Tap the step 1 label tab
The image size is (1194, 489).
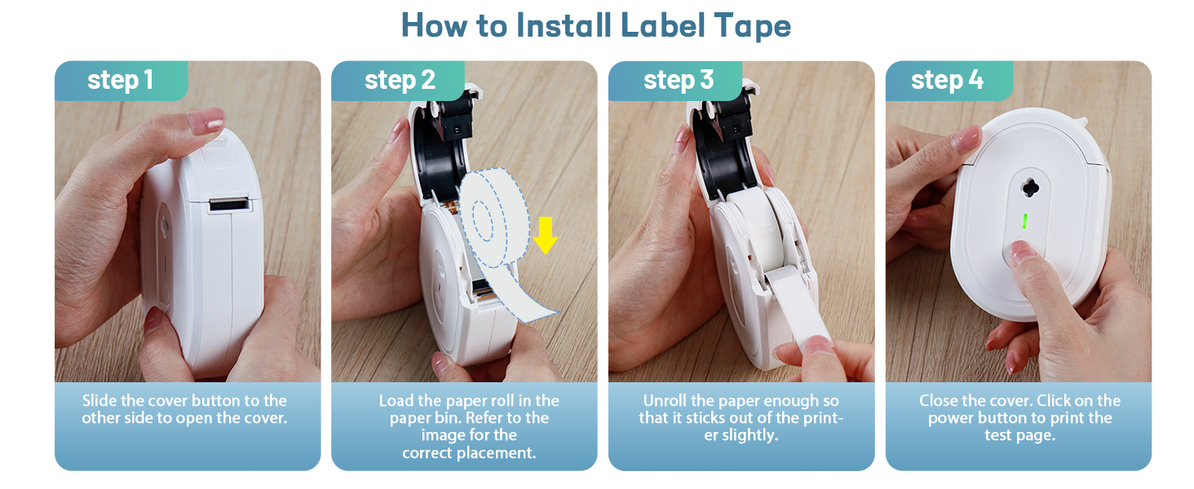120,80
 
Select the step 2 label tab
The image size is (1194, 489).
400,80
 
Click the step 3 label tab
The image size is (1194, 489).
678,80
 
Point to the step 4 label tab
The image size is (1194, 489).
947,80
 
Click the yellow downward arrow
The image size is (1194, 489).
545,235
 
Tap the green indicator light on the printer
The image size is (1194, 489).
1024,222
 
